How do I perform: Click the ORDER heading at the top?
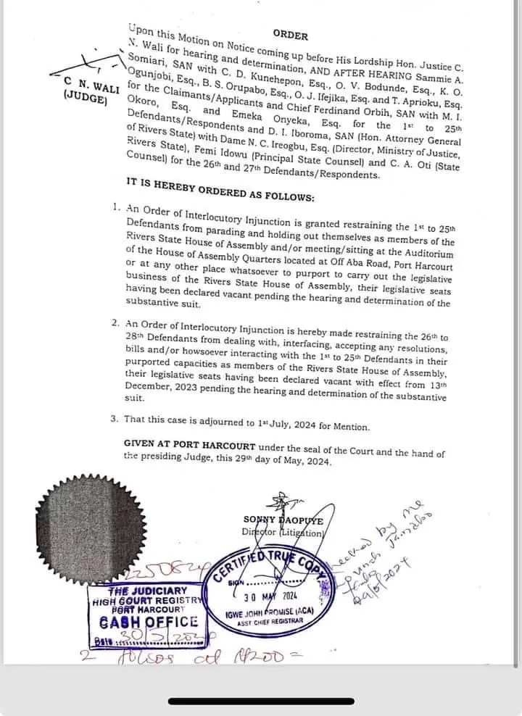(x=291, y=35)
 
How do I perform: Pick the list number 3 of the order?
(x=115, y=418)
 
